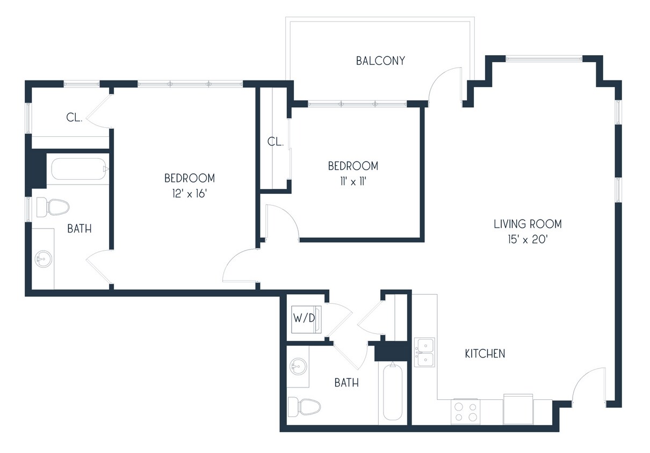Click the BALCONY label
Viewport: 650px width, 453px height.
pyautogui.click(x=380, y=61)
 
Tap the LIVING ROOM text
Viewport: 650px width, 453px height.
pyautogui.click(x=528, y=224)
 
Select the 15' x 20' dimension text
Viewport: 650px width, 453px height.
pyautogui.click(x=528, y=240)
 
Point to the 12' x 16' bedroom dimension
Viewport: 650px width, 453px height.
pyautogui.click(x=189, y=193)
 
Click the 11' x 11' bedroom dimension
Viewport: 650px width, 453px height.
pyautogui.click(x=353, y=181)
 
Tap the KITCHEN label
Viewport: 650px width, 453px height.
pyautogui.click(x=485, y=354)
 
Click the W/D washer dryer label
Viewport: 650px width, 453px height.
pyautogui.click(x=304, y=317)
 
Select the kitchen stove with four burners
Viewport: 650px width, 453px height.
pyautogui.click(x=465, y=411)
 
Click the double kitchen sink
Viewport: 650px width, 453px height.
pyautogui.click(x=424, y=352)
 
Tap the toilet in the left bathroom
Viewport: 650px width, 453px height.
pyautogui.click(x=53, y=207)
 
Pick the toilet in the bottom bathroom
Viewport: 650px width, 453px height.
pyautogui.click(x=304, y=406)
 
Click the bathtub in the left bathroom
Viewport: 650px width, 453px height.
pyautogui.click(x=78, y=170)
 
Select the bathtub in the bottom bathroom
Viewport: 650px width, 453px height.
pyautogui.click(x=393, y=392)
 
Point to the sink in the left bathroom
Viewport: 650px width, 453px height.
pyautogui.click(x=43, y=260)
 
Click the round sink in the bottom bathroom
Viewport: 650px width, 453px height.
pyautogui.click(x=297, y=368)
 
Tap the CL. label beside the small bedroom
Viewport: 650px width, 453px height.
pyautogui.click(x=276, y=142)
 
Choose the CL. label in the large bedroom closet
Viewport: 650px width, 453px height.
pyautogui.click(x=74, y=118)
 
